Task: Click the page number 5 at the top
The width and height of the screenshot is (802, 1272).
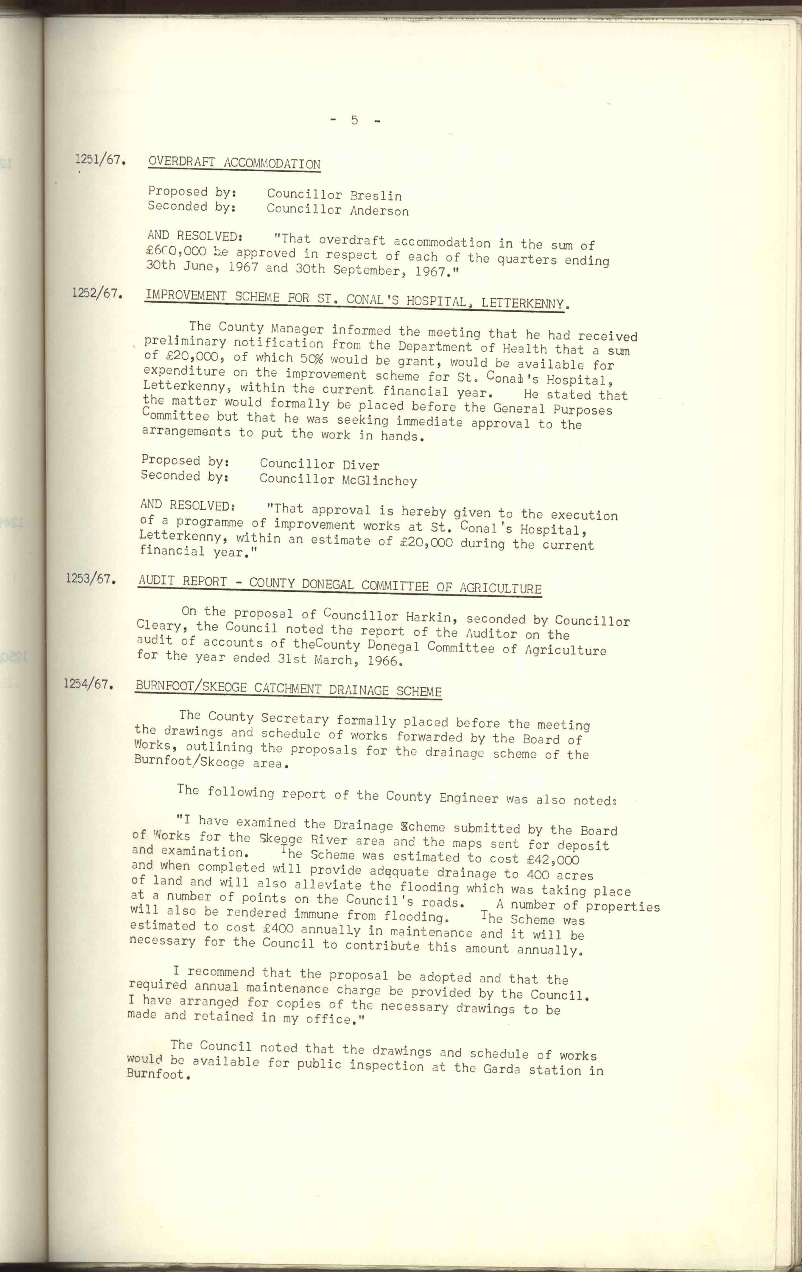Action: tap(354, 120)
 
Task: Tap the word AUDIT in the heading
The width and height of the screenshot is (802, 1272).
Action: tap(156, 581)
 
